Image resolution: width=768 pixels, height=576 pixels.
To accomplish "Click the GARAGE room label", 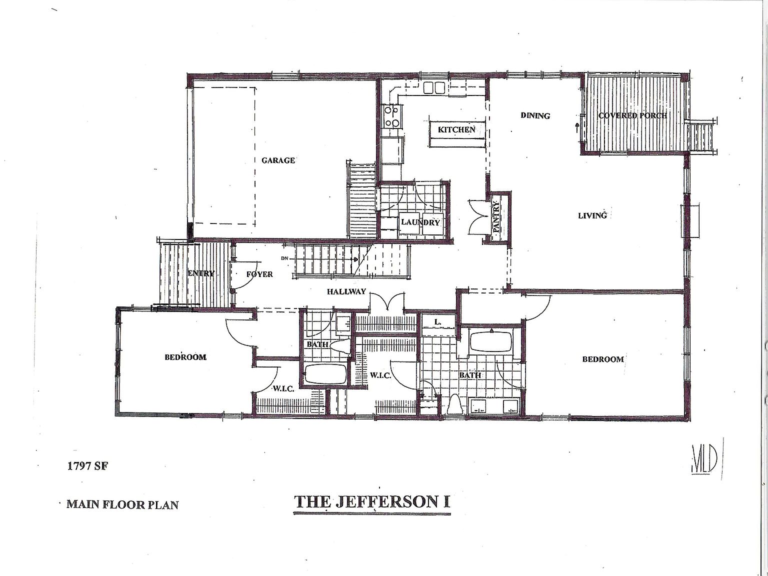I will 278,160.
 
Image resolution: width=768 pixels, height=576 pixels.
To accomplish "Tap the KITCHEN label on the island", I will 456,130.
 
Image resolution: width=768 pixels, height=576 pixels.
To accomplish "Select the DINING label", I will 535,115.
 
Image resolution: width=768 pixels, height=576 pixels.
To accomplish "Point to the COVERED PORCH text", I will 632,115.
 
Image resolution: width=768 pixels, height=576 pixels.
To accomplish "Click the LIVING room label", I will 592,215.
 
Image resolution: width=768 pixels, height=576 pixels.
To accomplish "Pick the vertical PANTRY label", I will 496,216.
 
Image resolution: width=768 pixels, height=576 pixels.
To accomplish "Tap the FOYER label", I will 259,274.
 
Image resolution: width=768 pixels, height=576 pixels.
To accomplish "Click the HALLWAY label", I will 347,291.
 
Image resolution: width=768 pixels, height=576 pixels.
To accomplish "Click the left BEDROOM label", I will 185,357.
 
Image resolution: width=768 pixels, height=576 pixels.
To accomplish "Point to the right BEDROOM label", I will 602,359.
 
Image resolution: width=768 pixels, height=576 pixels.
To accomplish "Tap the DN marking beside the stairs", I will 285,258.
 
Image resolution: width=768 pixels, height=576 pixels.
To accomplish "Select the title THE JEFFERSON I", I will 372,501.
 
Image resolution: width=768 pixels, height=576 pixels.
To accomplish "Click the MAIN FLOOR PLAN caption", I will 122,504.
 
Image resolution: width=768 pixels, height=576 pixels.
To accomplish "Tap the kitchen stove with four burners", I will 391,117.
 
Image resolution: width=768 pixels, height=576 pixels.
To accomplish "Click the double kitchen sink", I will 434,88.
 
